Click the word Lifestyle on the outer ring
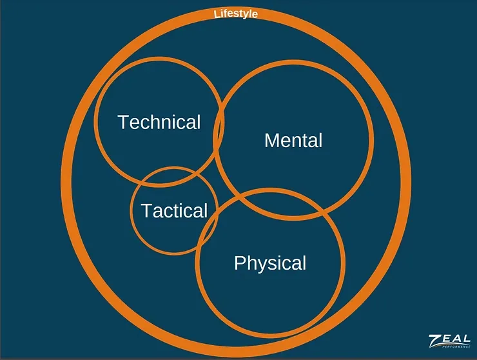click(236, 13)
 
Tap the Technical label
click(159, 122)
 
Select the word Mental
click(293, 140)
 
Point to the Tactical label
click(174, 210)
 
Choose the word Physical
click(270, 263)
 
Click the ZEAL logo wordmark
click(449, 340)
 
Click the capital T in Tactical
click(146, 210)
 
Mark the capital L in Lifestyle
click(217, 14)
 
